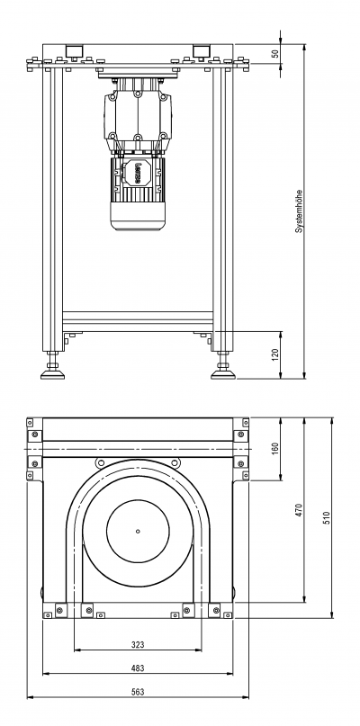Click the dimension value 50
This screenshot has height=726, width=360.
[275, 53]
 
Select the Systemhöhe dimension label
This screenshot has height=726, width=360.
[299, 211]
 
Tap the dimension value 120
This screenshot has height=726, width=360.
[275, 354]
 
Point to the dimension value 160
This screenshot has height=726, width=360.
[275, 449]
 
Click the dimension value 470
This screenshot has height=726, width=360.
[299, 510]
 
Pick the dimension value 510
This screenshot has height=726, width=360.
[327, 517]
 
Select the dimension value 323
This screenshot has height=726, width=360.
[138, 644]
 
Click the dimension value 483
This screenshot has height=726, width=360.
[138, 668]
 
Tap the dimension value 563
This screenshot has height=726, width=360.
[138, 692]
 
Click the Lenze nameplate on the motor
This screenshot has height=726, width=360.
[138, 172]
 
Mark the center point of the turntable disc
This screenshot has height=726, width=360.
[138, 531]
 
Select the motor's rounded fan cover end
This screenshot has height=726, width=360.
[138, 218]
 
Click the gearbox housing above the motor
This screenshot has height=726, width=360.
[138, 116]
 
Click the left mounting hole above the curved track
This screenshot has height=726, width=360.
[101, 462]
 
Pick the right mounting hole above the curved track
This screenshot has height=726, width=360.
[175, 462]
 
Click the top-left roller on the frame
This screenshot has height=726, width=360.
[74, 50]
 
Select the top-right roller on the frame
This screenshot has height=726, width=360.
[201, 50]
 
